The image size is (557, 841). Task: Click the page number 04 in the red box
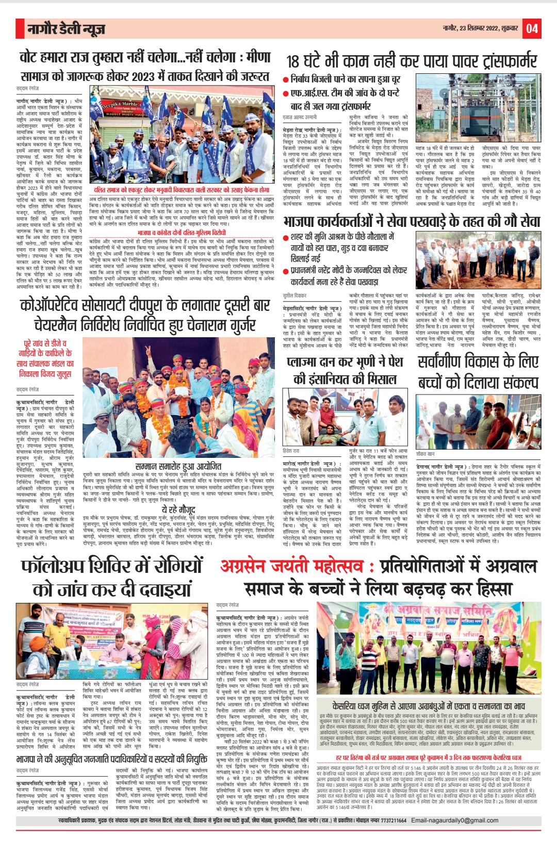click(532, 28)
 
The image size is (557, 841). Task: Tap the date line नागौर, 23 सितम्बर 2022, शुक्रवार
click(480, 28)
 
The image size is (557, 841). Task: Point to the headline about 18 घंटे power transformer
click(411, 61)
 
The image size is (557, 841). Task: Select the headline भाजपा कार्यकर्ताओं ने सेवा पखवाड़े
click(412, 222)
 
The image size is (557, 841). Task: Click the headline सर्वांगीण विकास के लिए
click(478, 362)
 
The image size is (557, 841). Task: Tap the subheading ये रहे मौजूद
click(178, 510)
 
